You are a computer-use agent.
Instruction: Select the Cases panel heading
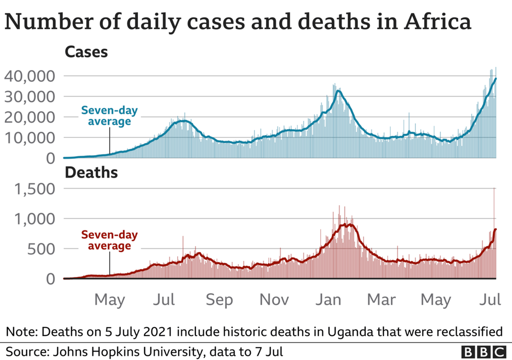click(86, 52)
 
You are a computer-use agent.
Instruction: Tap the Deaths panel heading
click(90, 172)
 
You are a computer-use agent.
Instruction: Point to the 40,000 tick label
click(29, 76)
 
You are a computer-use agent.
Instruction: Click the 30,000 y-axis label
click(29, 97)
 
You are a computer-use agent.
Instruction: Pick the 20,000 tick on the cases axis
click(29, 117)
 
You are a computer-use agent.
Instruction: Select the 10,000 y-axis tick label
click(29, 138)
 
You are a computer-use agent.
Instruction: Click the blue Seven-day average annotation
click(106, 116)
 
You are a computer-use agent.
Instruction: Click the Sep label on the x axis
click(218, 300)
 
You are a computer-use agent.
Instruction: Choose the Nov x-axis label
click(274, 300)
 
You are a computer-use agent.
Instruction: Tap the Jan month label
click(330, 300)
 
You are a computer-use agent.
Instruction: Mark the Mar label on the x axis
click(381, 300)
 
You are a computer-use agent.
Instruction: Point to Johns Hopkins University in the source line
click(112, 351)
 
